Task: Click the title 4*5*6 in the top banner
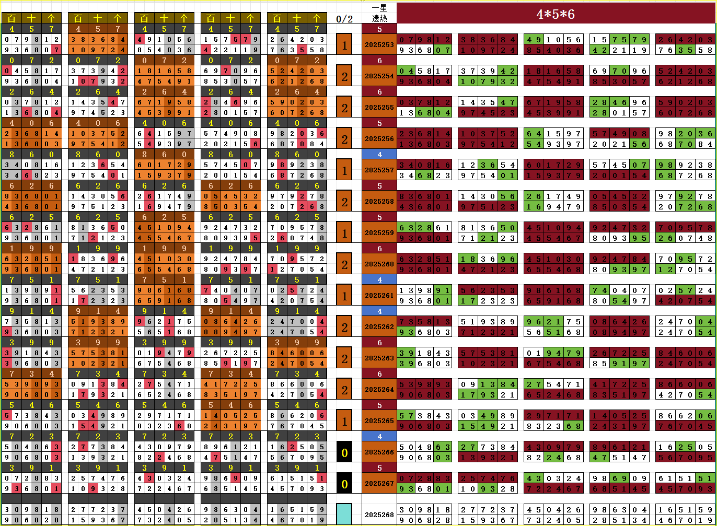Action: pyautogui.click(x=556, y=14)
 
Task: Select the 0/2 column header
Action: pyautogui.click(x=344, y=19)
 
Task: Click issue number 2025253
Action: pyautogui.click(x=379, y=44)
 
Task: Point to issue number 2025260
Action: pyautogui.click(x=379, y=264)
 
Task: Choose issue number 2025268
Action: pyautogui.click(x=379, y=515)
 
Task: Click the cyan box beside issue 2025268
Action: pyautogui.click(x=344, y=514)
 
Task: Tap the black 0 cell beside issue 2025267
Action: pyautogui.click(x=344, y=484)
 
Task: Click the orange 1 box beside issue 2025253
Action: pyautogui.click(x=344, y=45)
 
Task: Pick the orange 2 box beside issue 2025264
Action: pyautogui.click(x=344, y=390)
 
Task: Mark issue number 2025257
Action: pyautogui.click(x=379, y=170)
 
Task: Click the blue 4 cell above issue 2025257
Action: pyautogui.click(x=379, y=155)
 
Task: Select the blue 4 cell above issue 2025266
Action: pyautogui.click(x=379, y=437)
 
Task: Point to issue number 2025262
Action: pyautogui.click(x=379, y=326)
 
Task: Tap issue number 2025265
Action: pyautogui.click(x=379, y=420)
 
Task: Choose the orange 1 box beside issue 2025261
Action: pyautogui.click(x=344, y=296)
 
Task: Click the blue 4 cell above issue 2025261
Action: pyautogui.click(x=379, y=280)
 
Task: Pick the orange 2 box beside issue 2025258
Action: pyautogui.click(x=344, y=202)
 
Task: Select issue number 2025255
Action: pyautogui.click(x=379, y=107)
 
